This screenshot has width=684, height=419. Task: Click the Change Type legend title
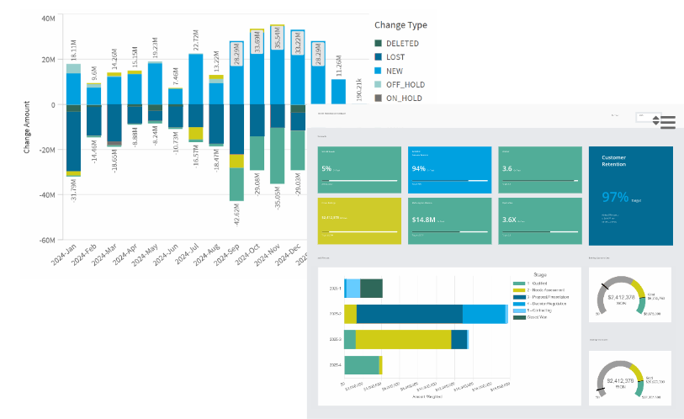click(400, 25)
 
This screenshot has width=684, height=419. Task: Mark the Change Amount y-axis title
click(29, 125)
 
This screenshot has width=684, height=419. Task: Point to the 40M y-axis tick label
click(49, 17)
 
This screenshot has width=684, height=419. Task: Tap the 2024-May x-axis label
click(144, 256)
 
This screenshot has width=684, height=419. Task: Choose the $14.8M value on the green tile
click(422, 220)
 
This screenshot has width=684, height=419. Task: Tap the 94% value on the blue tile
click(419, 168)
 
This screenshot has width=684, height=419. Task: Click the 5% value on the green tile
click(326, 168)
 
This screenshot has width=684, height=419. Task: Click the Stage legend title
click(541, 273)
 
